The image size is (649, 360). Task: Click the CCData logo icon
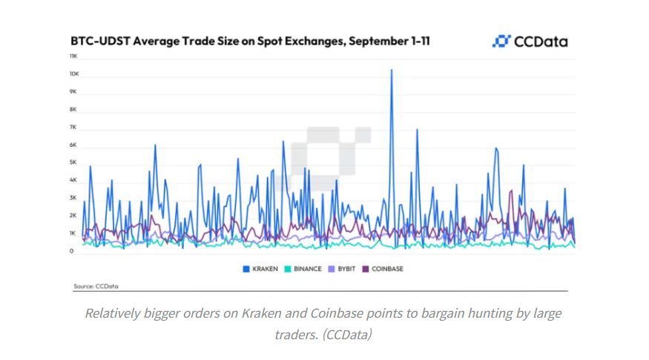click(x=501, y=41)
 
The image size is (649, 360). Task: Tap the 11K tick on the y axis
click(x=73, y=56)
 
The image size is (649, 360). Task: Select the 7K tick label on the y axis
click(x=73, y=127)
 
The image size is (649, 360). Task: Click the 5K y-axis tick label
click(x=73, y=163)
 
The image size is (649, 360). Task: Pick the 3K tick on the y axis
click(x=73, y=198)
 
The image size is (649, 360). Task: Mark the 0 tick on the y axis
click(x=73, y=252)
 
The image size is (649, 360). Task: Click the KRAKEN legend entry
click(x=260, y=269)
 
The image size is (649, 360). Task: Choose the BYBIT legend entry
click(x=344, y=269)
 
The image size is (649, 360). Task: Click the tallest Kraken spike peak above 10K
click(x=392, y=70)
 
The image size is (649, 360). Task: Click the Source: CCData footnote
click(x=96, y=285)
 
